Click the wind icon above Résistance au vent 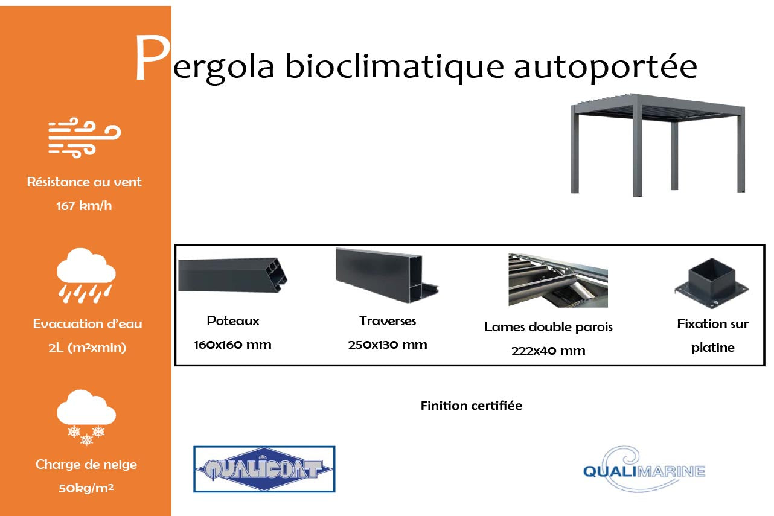click(x=85, y=138)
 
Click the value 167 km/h click(x=84, y=206)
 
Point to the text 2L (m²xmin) click(x=87, y=348)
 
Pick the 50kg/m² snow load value click(x=86, y=488)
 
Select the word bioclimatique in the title click(x=394, y=68)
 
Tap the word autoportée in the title click(x=605, y=68)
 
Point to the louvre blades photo click(x=558, y=281)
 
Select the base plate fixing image click(x=711, y=283)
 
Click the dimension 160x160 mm click(x=232, y=345)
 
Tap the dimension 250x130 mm click(x=388, y=345)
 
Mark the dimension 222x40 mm click(x=548, y=351)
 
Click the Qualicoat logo click(x=264, y=469)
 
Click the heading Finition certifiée click(x=471, y=406)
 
